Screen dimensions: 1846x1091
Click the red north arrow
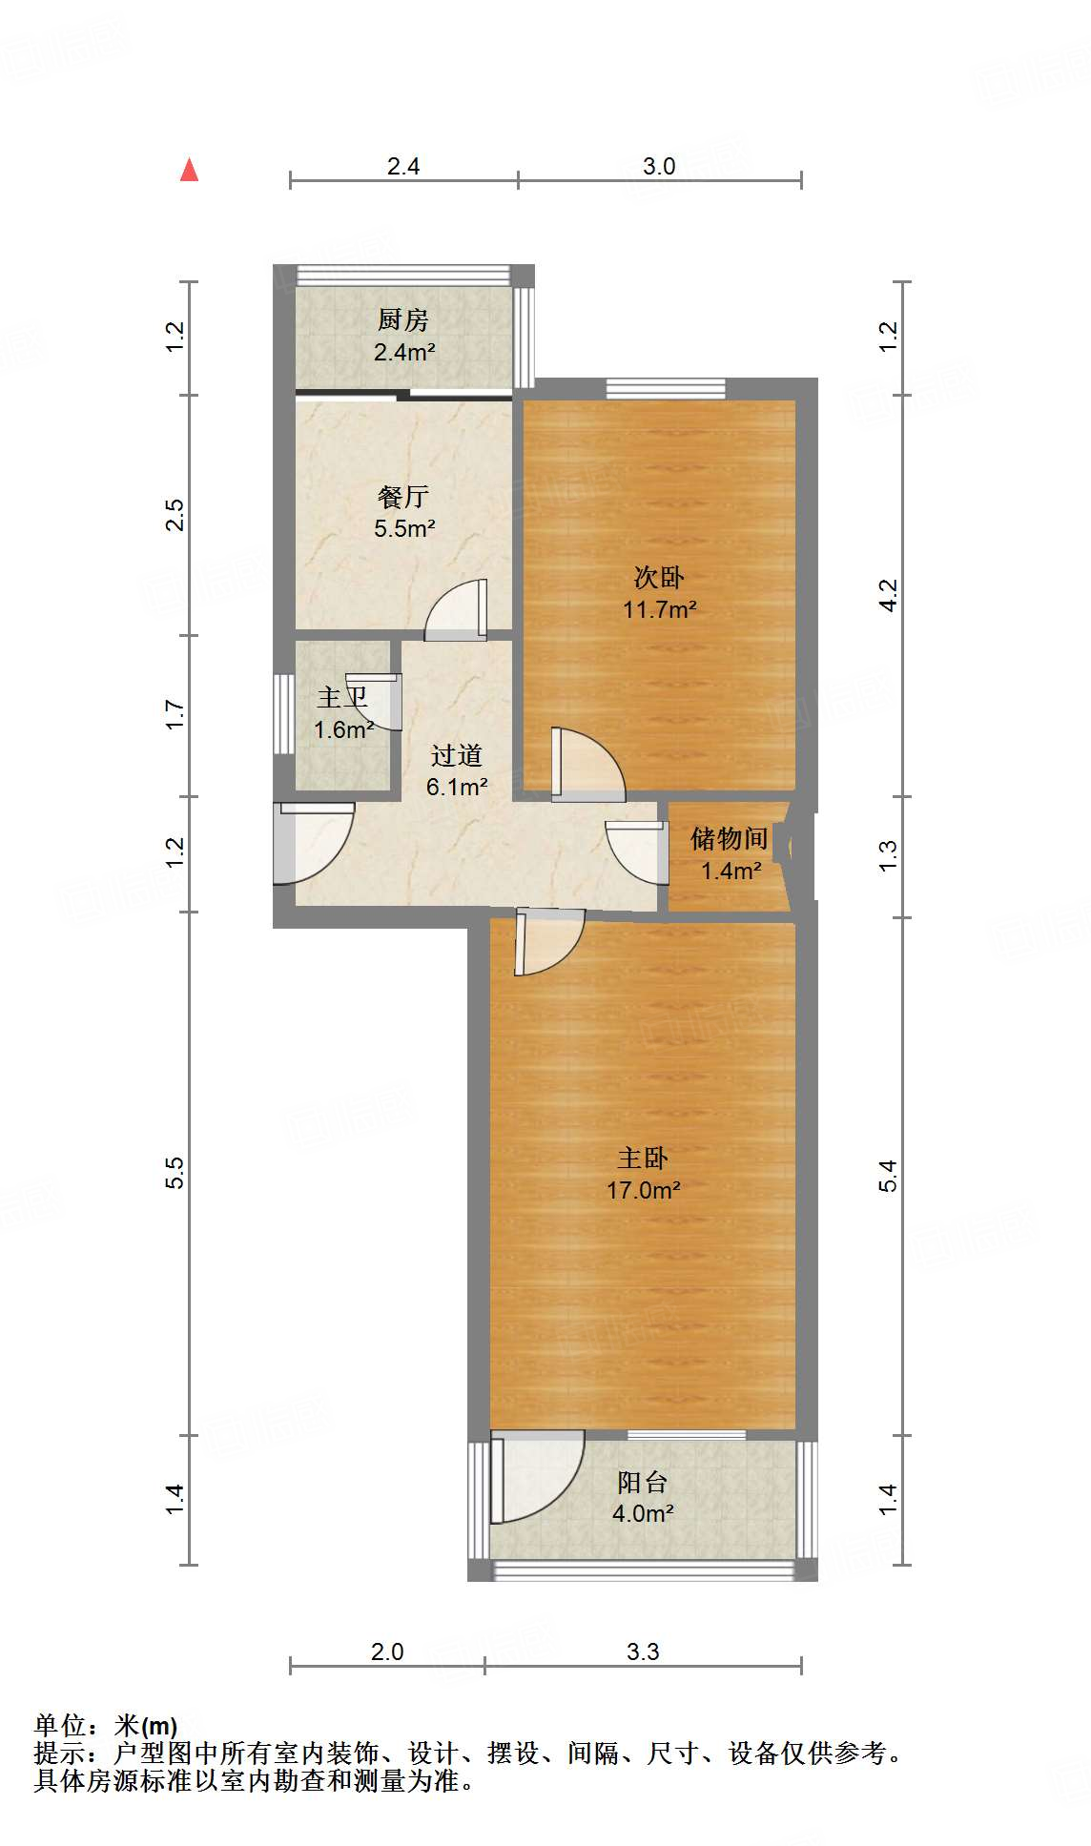click(x=190, y=171)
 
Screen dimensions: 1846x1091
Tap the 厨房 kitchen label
click(x=402, y=319)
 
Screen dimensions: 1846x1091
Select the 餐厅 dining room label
click(x=402, y=496)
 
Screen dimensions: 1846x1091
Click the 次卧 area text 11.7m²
click(x=659, y=609)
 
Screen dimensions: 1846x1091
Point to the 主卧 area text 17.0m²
click(x=643, y=1190)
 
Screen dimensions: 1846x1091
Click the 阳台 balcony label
click(x=642, y=1482)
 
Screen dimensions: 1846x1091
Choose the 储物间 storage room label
click(x=730, y=838)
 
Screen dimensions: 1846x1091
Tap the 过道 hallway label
click(x=456, y=755)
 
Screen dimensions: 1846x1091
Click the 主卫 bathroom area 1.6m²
click(x=342, y=730)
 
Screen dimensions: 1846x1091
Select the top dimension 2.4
click(x=403, y=166)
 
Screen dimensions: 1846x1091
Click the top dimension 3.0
click(x=659, y=166)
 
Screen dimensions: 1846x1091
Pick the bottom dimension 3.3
click(x=643, y=1651)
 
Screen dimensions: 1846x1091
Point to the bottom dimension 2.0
click(x=387, y=1651)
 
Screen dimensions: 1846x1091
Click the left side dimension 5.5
click(x=175, y=1172)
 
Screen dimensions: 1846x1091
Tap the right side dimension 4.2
click(x=888, y=595)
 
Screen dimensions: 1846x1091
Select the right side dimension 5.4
click(x=888, y=1175)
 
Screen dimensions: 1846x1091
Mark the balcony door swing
click(x=534, y=1476)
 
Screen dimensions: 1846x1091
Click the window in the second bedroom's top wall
click(x=666, y=388)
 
